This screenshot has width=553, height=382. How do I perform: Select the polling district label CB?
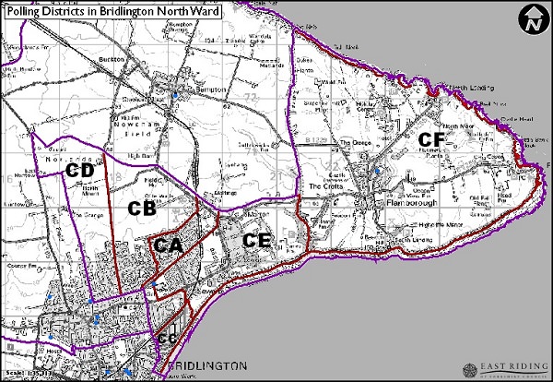tap(140, 209)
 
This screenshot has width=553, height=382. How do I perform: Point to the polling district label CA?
tap(167, 245)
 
